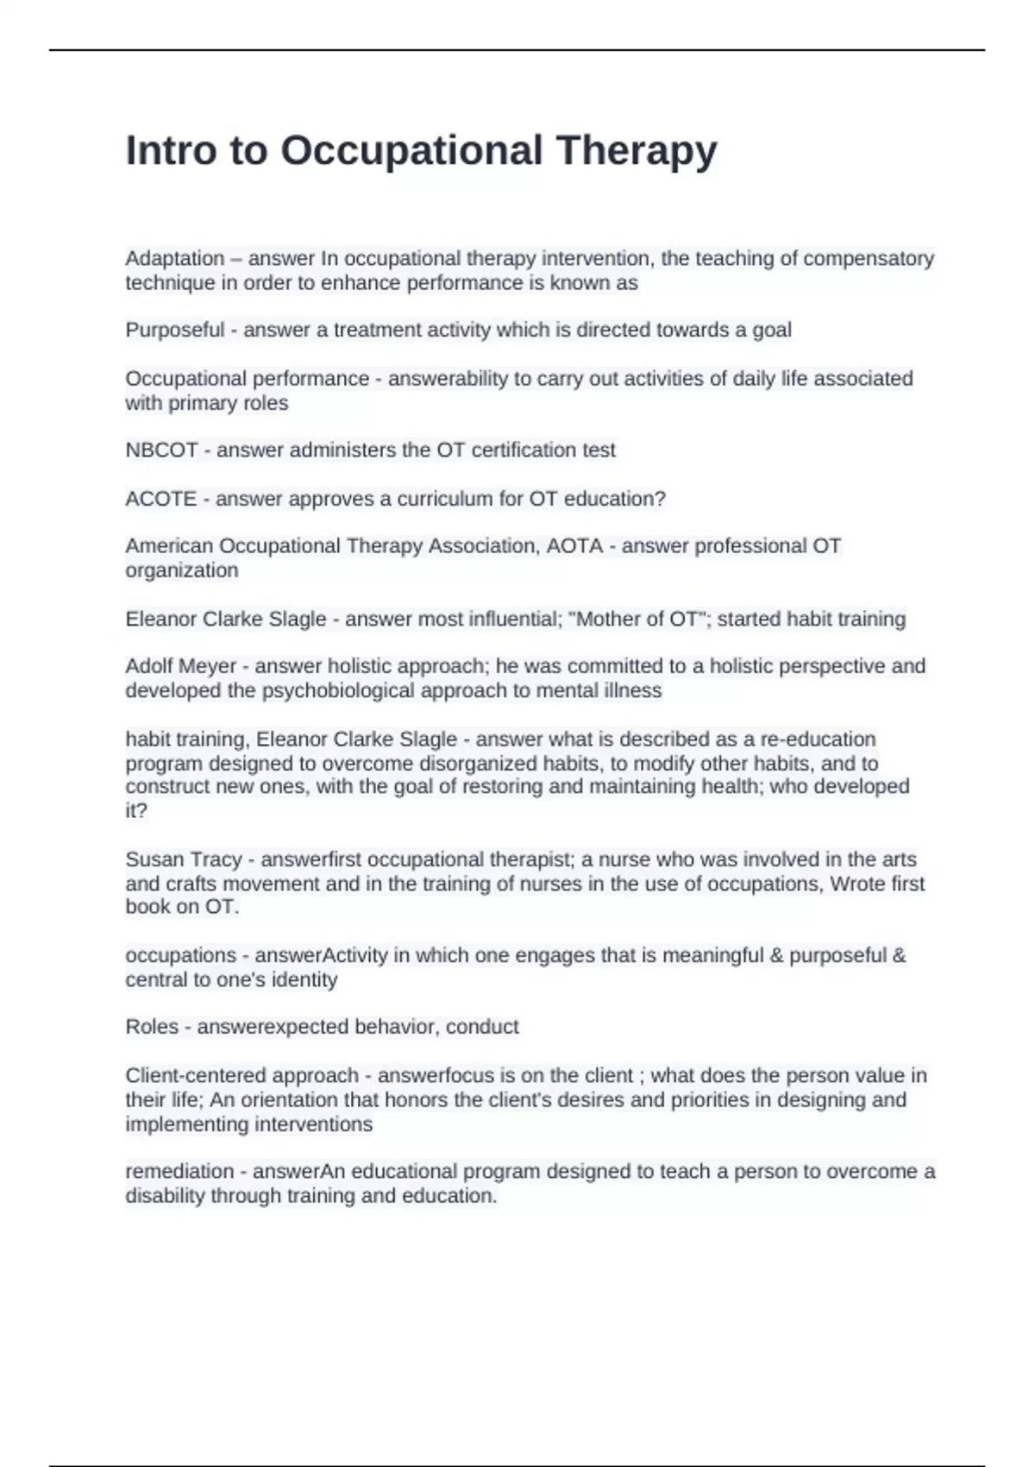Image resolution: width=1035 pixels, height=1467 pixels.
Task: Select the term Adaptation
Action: (x=175, y=259)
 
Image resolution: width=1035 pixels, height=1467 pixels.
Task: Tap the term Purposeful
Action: (x=175, y=330)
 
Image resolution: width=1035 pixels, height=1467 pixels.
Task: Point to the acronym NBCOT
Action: (x=162, y=450)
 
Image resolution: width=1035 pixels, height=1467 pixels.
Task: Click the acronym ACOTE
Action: (x=161, y=499)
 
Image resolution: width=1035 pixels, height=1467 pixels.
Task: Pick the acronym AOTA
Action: (x=574, y=546)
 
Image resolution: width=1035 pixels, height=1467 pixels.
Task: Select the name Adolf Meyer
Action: (x=181, y=666)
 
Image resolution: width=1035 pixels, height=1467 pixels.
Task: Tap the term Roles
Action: (x=152, y=1027)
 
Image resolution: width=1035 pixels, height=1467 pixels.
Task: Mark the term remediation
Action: (x=179, y=1172)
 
